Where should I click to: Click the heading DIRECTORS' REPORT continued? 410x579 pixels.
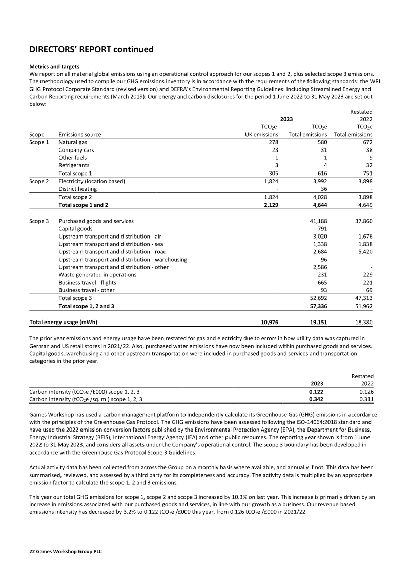point(91,50)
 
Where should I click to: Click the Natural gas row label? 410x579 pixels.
point(73,142)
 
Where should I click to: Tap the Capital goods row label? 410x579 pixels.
point(75,229)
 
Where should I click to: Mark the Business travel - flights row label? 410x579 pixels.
point(87,283)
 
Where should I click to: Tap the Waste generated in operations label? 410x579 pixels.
point(97,275)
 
